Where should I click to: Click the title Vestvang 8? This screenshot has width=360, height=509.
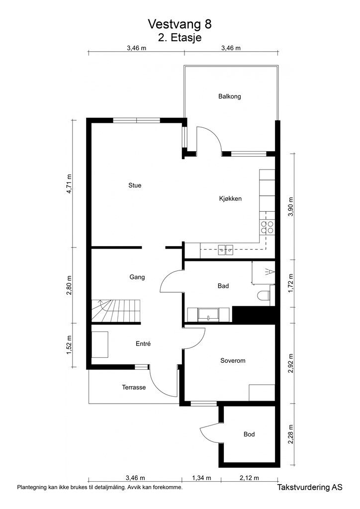click(x=182, y=24)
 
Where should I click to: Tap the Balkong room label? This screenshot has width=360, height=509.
click(x=229, y=96)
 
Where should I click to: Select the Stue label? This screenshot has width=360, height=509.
click(x=135, y=185)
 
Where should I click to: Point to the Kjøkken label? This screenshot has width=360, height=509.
click(x=230, y=198)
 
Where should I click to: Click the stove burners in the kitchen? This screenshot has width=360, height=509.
click(x=268, y=227)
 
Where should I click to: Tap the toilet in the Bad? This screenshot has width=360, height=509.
click(x=265, y=295)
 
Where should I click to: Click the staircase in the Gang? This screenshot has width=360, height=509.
click(x=115, y=311)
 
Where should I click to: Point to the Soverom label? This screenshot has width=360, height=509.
click(x=233, y=360)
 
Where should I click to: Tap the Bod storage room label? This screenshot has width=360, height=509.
click(x=249, y=434)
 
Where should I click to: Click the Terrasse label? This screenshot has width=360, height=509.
click(x=134, y=387)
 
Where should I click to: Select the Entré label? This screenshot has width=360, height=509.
click(x=143, y=343)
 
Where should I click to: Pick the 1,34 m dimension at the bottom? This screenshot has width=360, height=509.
click(x=201, y=478)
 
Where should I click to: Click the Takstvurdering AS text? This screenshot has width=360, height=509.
click(x=311, y=489)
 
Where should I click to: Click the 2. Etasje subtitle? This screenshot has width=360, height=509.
click(x=180, y=37)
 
